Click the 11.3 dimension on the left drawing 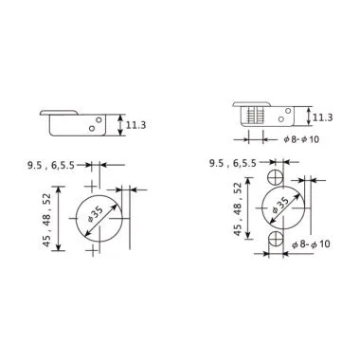click(x=135, y=123)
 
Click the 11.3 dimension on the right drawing click(x=321, y=117)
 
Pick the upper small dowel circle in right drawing click(x=276, y=177)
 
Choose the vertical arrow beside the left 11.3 click(x=118, y=123)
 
